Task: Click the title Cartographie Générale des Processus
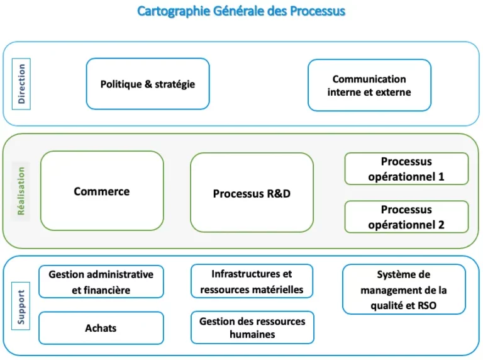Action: click(241, 11)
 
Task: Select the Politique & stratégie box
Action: click(148, 84)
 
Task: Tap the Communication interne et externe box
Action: click(369, 86)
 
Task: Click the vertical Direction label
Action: click(21, 84)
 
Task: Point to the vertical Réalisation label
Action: click(21, 191)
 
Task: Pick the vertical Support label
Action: click(21, 307)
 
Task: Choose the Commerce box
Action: click(102, 191)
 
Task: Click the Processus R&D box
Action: click(252, 193)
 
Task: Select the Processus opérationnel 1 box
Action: click(406, 169)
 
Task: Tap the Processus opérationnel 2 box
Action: click(406, 217)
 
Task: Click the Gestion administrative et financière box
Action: click(101, 282)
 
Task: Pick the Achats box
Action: click(101, 328)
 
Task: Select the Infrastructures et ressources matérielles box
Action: click(252, 281)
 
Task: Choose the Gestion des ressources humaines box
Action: click(252, 327)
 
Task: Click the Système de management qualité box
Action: click(404, 290)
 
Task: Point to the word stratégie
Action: click(174, 84)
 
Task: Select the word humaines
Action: click(252, 334)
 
